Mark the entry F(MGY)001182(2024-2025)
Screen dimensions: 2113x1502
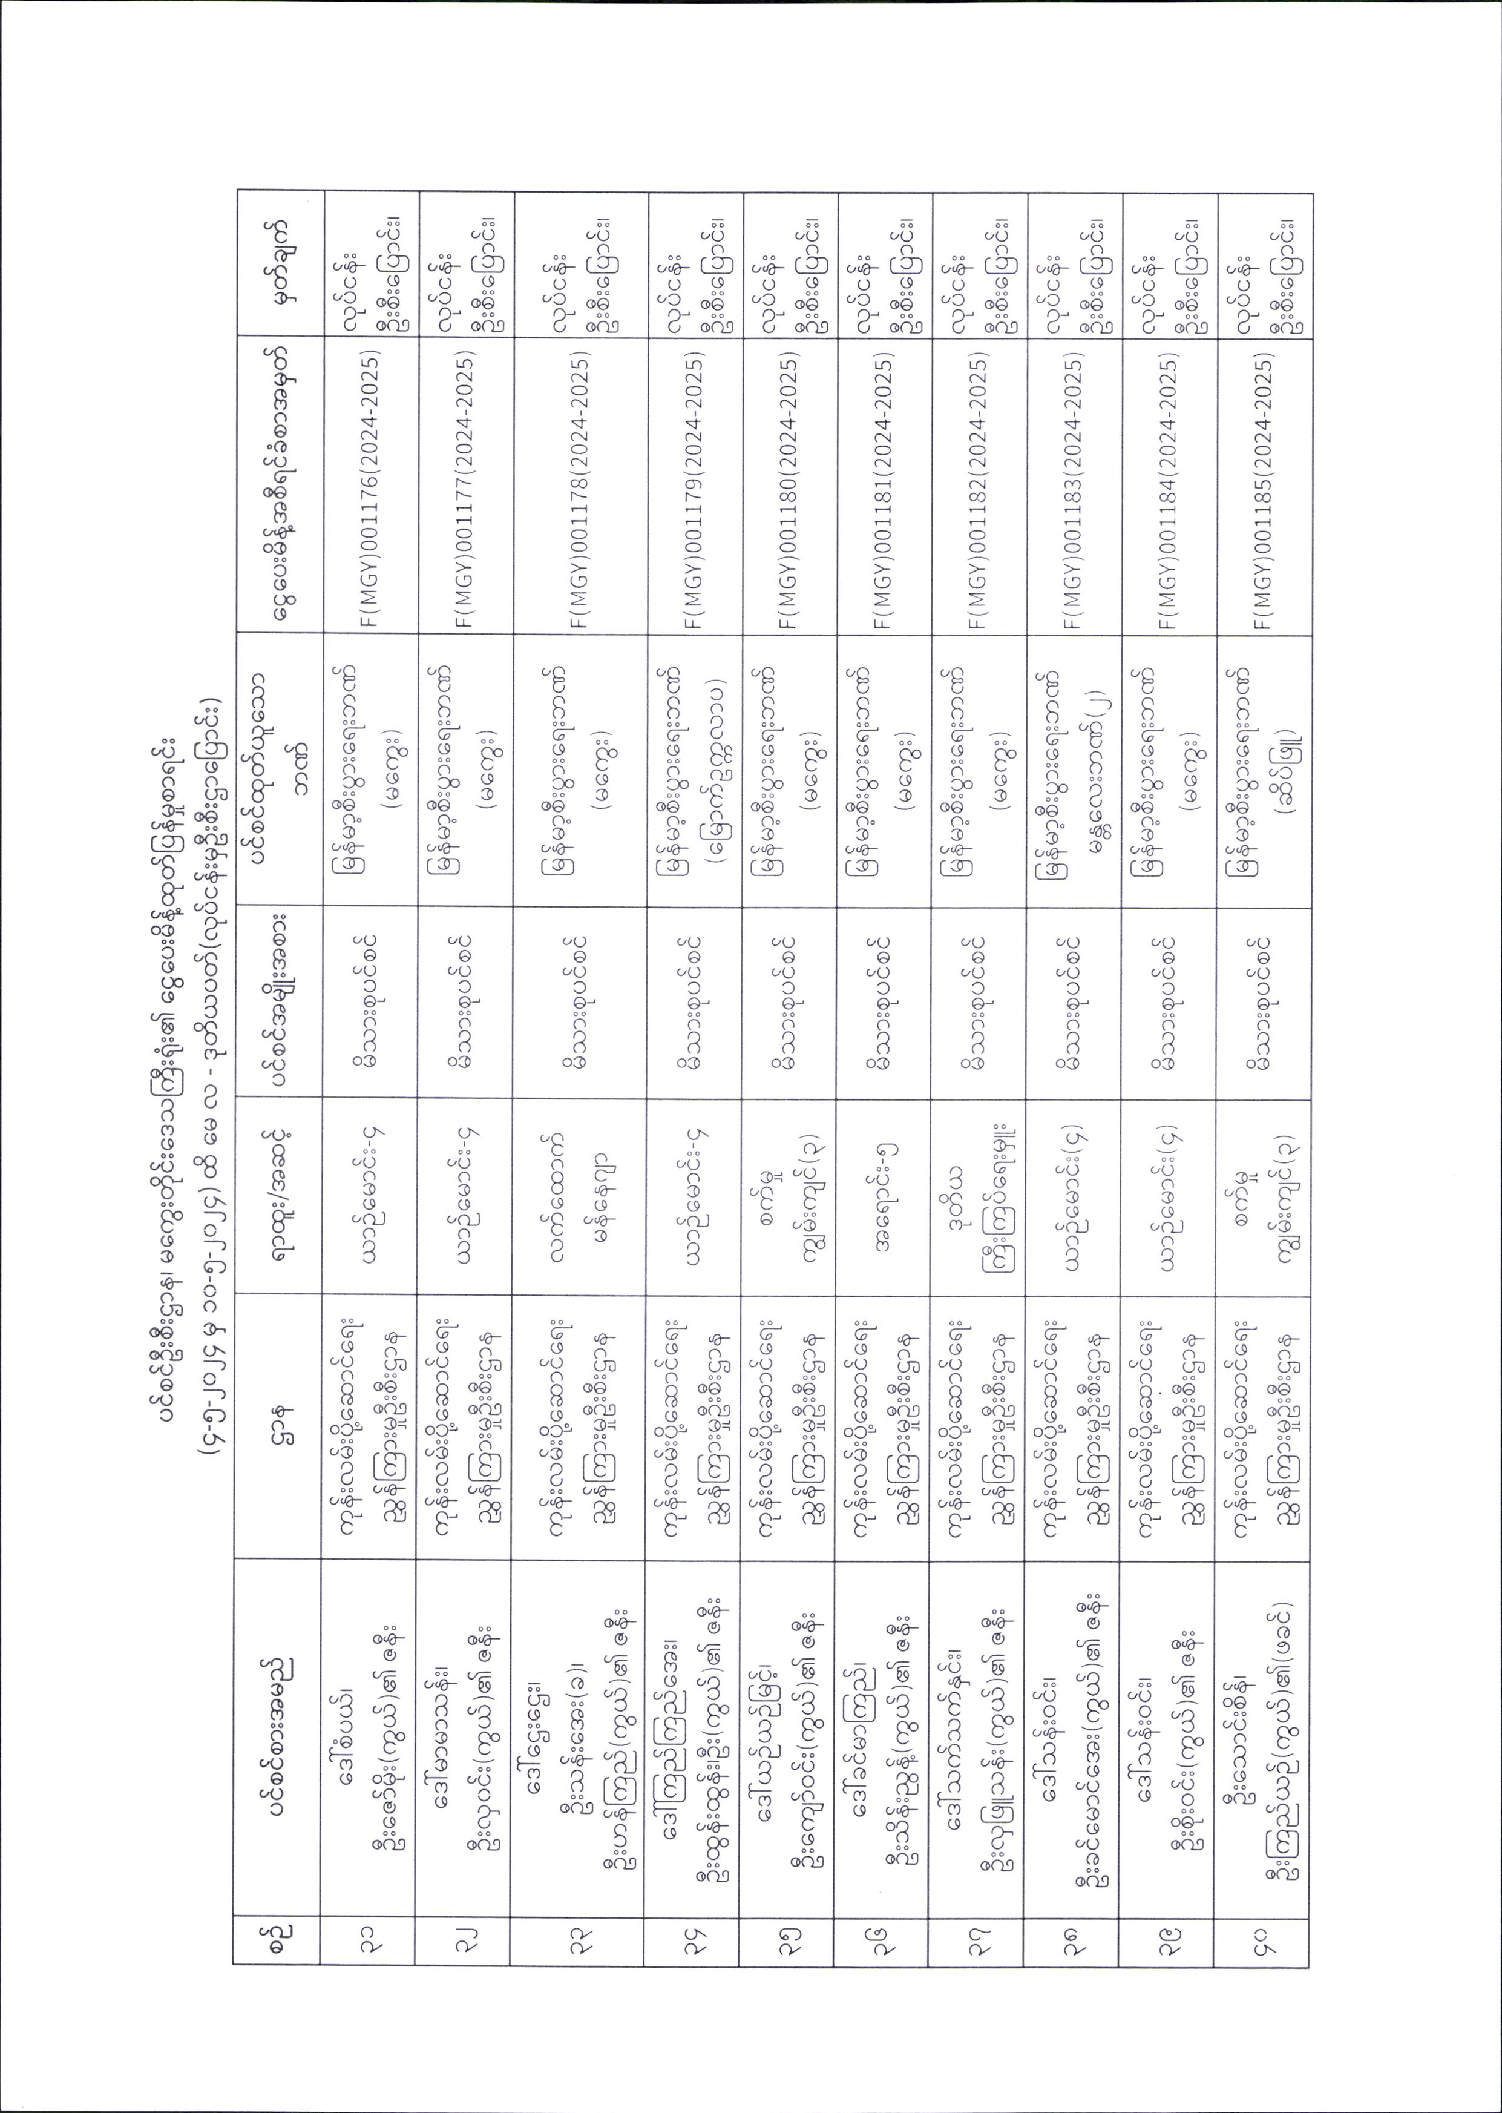point(980,490)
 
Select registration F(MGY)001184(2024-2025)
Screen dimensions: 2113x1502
point(1170,490)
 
